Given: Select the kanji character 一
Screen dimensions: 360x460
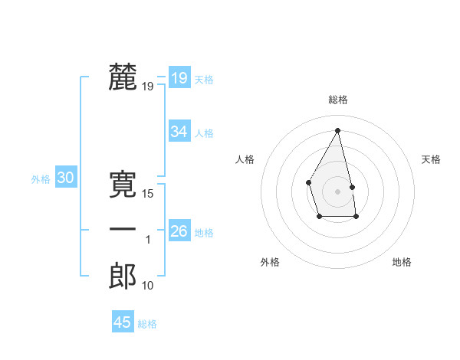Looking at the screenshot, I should point(123,230).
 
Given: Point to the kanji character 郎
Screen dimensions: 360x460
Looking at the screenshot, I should point(123,276).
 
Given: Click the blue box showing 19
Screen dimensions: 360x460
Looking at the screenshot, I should point(179,78).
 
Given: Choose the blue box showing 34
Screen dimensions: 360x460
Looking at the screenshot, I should point(179,132).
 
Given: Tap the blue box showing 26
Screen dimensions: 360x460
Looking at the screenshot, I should point(179,231).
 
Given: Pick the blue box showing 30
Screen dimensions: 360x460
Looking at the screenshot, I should point(66,178).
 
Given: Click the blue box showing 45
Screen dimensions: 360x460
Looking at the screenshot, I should point(123,322).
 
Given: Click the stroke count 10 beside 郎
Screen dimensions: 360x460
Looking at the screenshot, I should point(148,286).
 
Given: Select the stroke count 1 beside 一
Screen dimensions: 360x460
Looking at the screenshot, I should point(148,240).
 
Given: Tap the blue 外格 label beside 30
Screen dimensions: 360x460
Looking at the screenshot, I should point(41,179).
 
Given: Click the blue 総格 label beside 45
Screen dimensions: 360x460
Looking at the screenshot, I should point(147,324).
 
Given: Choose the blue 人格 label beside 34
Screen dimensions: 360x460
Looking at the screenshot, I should point(204,133).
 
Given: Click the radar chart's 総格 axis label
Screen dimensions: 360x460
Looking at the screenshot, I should point(338,100).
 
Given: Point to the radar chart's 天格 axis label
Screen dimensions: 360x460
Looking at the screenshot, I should point(432,159).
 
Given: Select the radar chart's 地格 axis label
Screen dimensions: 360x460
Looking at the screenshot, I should point(402,262).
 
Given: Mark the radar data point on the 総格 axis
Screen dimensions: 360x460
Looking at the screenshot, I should point(338,129).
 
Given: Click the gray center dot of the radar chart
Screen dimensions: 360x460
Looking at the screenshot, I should point(337,191).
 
